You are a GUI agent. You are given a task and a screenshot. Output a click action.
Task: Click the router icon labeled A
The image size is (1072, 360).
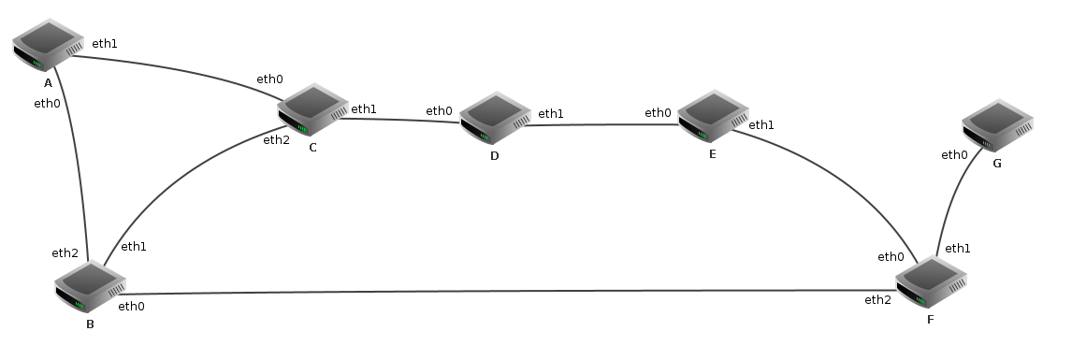tap(48, 44)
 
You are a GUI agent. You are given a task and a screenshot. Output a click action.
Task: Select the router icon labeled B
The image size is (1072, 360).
tap(90, 286)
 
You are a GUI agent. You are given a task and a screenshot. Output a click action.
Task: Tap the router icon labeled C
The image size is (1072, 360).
tap(313, 109)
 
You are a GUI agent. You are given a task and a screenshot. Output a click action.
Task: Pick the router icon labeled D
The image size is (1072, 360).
tap(495, 118)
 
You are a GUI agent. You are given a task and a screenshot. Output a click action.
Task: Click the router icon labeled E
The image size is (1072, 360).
tap(713, 116)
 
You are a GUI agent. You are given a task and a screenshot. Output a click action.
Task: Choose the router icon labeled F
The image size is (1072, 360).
tap(931, 281)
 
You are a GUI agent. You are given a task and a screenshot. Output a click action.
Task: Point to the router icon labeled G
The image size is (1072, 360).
tap(997, 125)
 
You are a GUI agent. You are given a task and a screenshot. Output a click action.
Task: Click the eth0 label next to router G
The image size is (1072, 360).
tap(954, 155)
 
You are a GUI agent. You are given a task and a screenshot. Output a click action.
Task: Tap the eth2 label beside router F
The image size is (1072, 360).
tap(877, 300)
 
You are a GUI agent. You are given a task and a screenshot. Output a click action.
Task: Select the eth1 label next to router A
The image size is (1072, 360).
tap(105, 44)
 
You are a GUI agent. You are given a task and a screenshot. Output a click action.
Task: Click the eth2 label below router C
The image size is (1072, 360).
tap(276, 140)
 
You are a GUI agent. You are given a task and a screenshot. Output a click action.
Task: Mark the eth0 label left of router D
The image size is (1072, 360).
tap(439, 110)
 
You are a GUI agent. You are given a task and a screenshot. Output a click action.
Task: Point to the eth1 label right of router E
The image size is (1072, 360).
tap(761, 125)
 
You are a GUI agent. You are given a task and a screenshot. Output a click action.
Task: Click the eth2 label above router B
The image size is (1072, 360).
tap(65, 253)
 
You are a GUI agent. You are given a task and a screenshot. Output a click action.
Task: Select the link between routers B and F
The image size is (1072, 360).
tap(509, 292)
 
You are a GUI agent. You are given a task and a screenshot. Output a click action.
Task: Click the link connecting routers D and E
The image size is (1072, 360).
tap(601, 125)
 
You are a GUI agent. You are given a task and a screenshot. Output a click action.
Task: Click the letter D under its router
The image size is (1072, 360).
tap(494, 156)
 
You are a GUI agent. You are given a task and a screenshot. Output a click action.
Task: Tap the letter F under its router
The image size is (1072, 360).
tap(930, 319)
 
